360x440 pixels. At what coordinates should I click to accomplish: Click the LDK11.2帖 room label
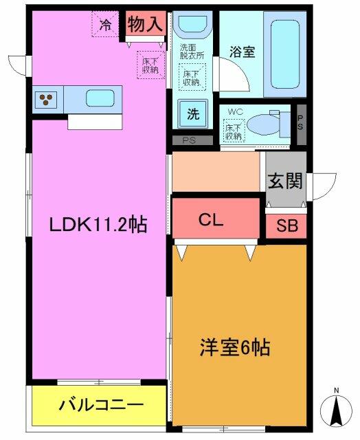pyautogui.click(x=98, y=224)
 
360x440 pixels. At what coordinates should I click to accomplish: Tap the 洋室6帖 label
pyautogui.click(x=235, y=347)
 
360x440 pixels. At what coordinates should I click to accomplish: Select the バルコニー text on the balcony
pyautogui.click(x=101, y=405)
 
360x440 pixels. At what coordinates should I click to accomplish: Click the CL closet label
pyautogui.click(x=211, y=220)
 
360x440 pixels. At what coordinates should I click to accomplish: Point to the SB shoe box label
pyautogui.click(x=287, y=225)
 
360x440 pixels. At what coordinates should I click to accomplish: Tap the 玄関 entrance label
pyautogui.click(x=285, y=181)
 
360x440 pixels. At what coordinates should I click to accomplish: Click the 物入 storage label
pyautogui.click(x=145, y=23)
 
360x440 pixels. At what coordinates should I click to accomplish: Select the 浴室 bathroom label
pyautogui.click(x=243, y=52)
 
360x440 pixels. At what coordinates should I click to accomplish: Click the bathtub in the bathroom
pyautogui.click(x=285, y=54)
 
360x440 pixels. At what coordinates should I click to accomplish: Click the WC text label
pyautogui.click(x=235, y=111)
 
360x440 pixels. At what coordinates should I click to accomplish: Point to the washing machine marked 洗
pyautogui.click(x=193, y=114)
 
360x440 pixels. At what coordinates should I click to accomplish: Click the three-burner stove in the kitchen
pyautogui.click(x=46, y=100)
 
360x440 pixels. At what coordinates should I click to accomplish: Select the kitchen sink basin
pyautogui.click(x=100, y=98)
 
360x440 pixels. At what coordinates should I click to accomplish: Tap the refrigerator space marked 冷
pyautogui.click(x=105, y=24)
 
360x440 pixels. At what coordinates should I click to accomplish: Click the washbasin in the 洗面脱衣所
pyautogui.click(x=192, y=25)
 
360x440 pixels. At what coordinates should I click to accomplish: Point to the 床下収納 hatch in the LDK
pyautogui.click(x=151, y=65)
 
